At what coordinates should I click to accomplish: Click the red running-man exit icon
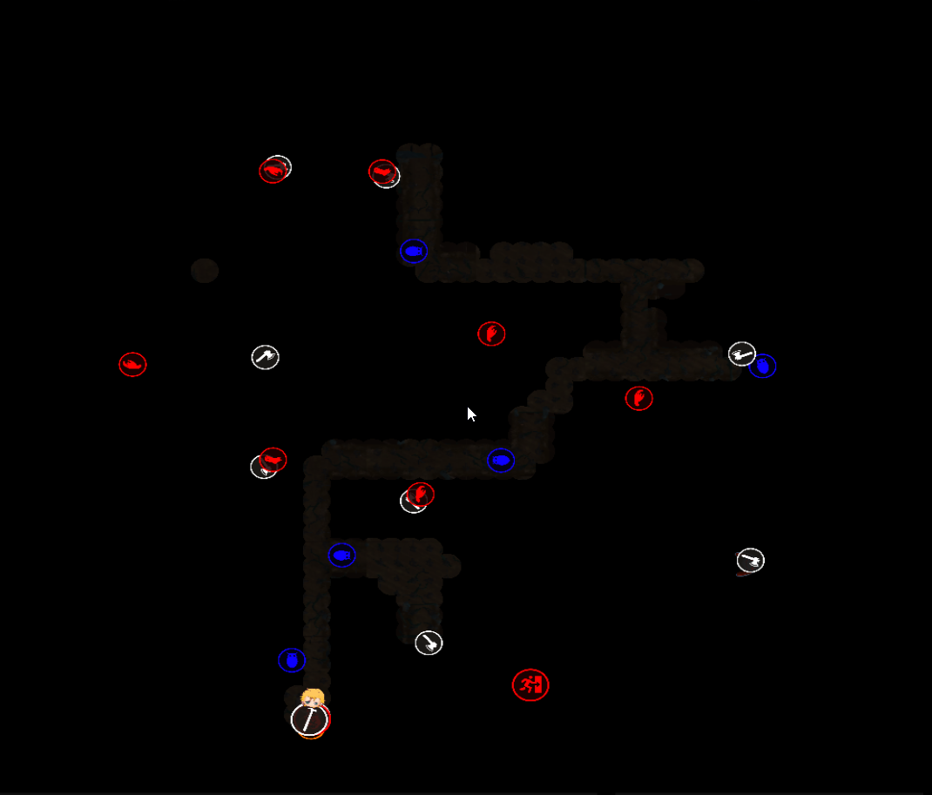(x=530, y=685)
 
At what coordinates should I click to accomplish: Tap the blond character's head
(x=312, y=698)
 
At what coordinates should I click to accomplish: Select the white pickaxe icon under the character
(x=309, y=720)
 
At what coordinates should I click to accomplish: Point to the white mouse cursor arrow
(x=470, y=414)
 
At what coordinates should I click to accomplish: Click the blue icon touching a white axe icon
(x=763, y=366)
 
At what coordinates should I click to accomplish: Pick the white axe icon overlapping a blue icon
(x=741, y=354)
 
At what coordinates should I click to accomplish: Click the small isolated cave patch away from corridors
(x=205, y=271)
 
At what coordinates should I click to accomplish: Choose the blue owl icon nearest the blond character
(x=292, y=660)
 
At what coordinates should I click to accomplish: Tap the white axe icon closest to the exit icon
(x=429, y=643)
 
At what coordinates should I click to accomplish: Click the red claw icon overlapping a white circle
(x=421, y=495)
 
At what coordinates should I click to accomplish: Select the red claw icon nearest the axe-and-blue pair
(x=638, y=398)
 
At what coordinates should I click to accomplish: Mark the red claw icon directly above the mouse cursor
(x=491, y=333)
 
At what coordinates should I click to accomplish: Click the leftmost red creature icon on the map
(x=132, y=364)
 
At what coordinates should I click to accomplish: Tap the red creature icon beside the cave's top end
(x=382, y=172)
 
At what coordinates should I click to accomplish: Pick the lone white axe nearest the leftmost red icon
(x=266, y=357)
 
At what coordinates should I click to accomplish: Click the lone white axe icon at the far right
(x=750, y=560)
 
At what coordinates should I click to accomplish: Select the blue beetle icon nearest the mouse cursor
(x=501, y=460)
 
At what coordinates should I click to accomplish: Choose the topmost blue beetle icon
(x=414, y=251)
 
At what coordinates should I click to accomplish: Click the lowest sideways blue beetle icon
(x=341, y=555)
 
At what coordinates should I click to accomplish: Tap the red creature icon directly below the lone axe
(x=273, y=459)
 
